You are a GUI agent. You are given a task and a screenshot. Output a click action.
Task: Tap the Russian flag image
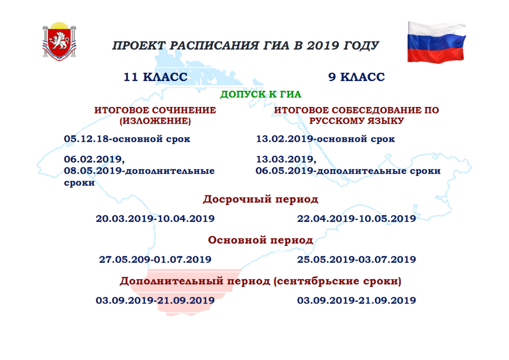437,42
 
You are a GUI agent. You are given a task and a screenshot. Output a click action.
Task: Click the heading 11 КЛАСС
155,77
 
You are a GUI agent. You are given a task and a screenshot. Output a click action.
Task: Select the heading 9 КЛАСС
356,77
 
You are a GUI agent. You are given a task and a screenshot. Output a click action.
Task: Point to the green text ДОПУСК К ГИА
261,95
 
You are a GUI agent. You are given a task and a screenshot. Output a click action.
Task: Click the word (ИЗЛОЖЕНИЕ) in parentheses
155,121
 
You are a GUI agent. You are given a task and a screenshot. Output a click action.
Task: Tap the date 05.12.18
87,139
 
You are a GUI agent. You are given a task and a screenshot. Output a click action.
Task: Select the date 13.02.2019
285,139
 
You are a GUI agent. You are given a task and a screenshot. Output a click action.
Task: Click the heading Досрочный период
261,199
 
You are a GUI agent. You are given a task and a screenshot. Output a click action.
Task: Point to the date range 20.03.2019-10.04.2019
155,218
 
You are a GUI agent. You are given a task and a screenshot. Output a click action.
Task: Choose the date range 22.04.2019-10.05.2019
356,218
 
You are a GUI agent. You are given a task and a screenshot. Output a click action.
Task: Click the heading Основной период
261,240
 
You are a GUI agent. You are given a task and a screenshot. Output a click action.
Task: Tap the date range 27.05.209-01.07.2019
155,259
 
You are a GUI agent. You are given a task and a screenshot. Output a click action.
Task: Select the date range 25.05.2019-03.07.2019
356,259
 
